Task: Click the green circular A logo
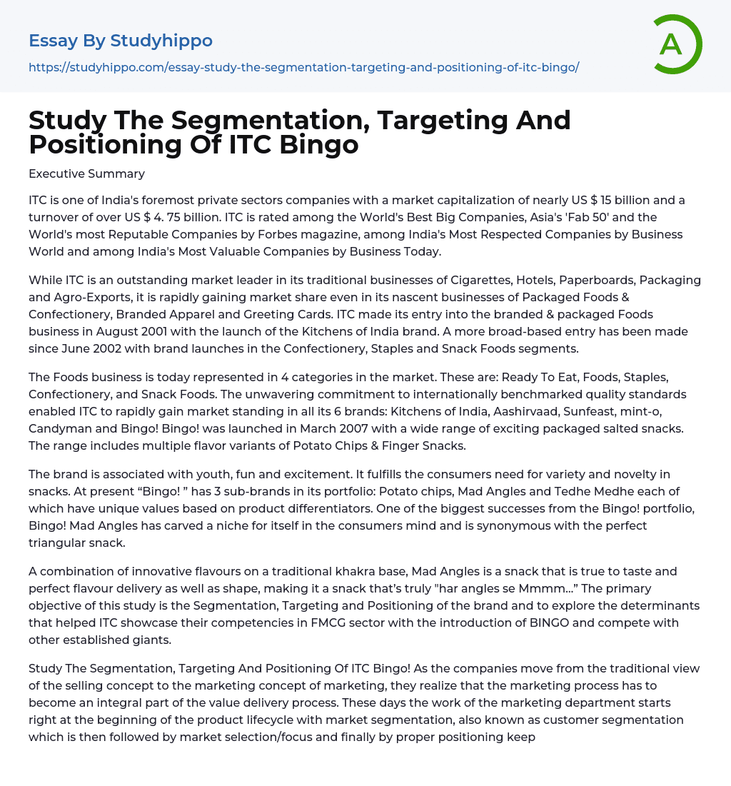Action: (674, 44)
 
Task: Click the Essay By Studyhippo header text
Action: (121, 41)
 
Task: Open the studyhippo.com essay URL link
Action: (303, 67)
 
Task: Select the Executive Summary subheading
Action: (86, 173)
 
